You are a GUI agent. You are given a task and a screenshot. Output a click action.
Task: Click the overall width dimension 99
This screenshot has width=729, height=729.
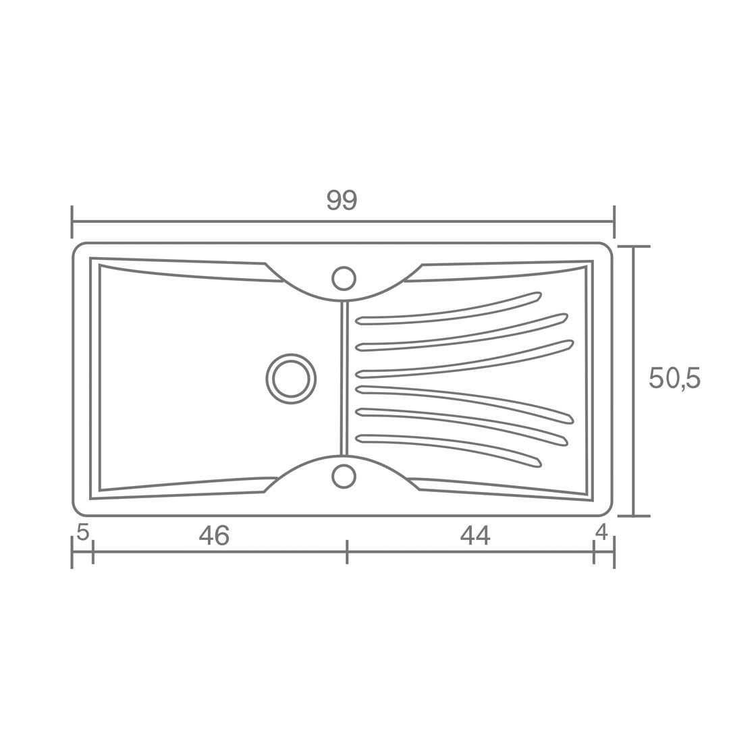[x=342, y=200]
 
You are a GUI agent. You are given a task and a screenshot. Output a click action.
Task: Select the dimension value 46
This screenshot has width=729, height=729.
[x=214, y=535]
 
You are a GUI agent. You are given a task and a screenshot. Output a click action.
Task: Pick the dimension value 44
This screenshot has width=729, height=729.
[x=475, y=535]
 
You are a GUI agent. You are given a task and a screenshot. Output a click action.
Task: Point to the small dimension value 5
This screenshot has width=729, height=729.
[x=83, y=533]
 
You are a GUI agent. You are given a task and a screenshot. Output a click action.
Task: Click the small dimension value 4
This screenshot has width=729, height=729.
[x=601, y=533]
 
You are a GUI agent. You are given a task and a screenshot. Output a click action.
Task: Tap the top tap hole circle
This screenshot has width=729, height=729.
[x=344, y=279]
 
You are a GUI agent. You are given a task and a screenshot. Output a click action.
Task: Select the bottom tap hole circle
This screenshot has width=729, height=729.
[x=344, y=476]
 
